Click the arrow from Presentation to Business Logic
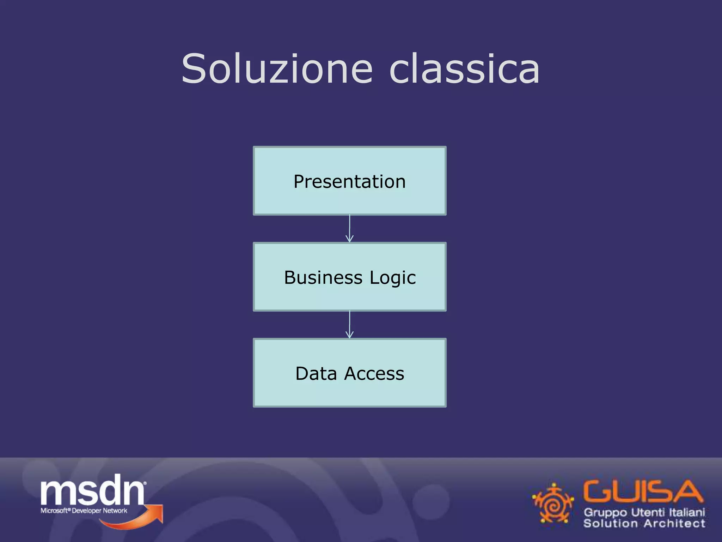tap(349, 229)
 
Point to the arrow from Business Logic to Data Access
tap(349, 325)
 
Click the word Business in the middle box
tap(323, 278)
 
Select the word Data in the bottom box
tap(316, 374)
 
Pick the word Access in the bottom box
tap(374, 374)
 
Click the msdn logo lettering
tap(92, 490)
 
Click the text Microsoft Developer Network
tap(84, 511)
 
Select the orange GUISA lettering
tap(642, 492)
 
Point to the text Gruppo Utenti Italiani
tap(644, 512)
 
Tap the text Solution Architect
tap(644, 523)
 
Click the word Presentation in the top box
tap(349, 182)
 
